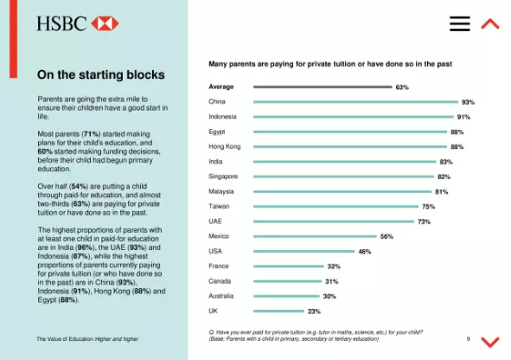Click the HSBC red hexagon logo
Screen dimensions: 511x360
[x=105, y=23]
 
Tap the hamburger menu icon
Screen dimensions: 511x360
[x=460, y=23]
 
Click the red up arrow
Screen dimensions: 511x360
[x=490, y=24]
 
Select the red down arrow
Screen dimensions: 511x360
[x=490, y=342]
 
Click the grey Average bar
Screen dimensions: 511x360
[x=323, y=87]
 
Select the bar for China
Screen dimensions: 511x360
[x=355, y=102]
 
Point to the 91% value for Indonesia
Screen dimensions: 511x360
[x=463, y=117]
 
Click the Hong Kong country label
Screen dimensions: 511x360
[x=225, y=147]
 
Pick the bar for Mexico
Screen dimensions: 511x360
[x=315, y=236]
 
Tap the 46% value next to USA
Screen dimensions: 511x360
[x=365, y=252]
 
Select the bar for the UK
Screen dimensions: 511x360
[x=278, y=311]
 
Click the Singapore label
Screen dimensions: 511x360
[x=223, y=177]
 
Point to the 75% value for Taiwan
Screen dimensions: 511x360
[x=428, y=207]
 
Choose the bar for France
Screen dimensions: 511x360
[x=289, y=267]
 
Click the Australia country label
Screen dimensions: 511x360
[x=221, y=296]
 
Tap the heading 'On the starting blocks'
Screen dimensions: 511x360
[x=101, y=74]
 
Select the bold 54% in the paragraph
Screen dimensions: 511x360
[x=79, y=186]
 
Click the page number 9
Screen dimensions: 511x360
[x=469, y=339]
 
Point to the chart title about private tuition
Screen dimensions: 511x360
[x=330, y=64]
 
